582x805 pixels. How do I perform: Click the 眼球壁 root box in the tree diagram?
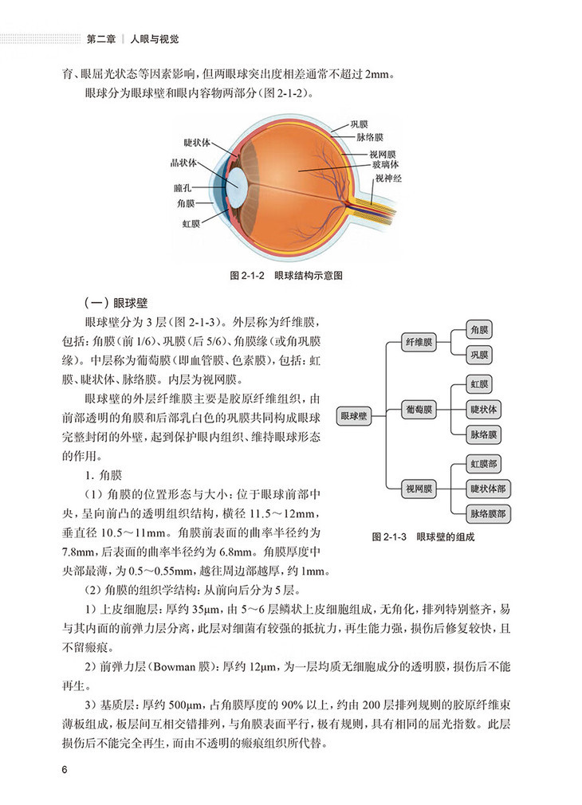(x=355, y=415)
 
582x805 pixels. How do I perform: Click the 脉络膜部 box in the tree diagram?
(x=489, y=513)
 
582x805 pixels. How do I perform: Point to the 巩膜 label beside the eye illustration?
(x=360, y=125)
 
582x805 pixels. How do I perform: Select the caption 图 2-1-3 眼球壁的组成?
(x=423, y=537)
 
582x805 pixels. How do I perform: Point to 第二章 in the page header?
(x=100, y=37)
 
